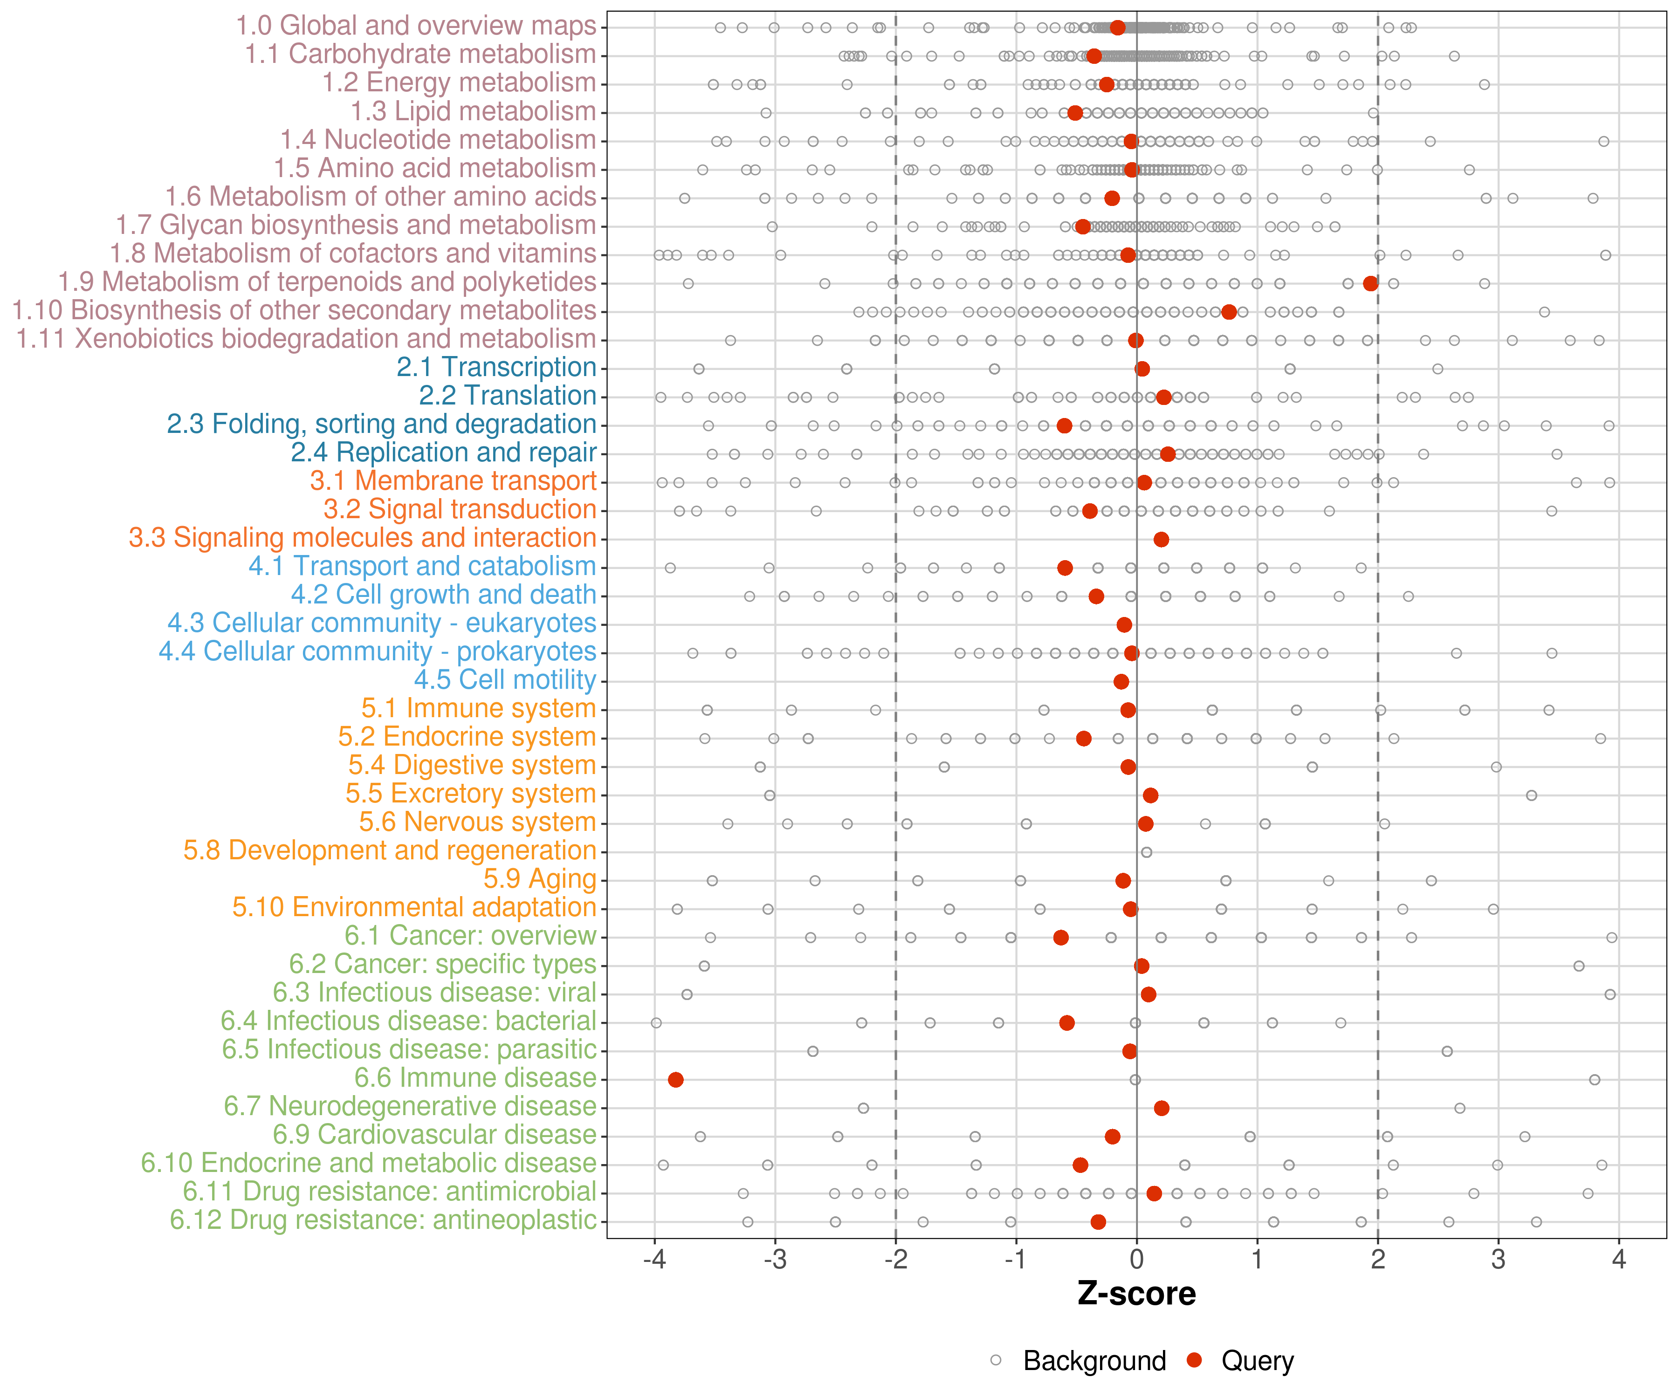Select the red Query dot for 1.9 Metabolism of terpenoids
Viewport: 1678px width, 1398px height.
tap(1370, 284)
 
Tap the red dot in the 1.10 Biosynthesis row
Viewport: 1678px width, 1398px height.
tap(1229, 312)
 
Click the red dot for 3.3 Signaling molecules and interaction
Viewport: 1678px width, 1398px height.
tap(1161, 539)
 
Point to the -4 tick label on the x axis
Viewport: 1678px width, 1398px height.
tap(654, 1260)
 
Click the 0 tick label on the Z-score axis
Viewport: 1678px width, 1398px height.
tap(1136, 1260)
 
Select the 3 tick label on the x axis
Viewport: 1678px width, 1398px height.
tap(1498, 1260)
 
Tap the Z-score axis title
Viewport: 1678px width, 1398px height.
tap(1136, 1293)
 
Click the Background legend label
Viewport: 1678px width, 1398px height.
tap(1095, 1360)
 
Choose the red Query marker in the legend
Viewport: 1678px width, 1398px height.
tap(1194, 1360)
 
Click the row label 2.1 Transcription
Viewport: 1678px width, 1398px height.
tap(496, 368)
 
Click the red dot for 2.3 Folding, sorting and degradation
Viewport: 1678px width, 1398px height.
tap(1064, 426)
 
